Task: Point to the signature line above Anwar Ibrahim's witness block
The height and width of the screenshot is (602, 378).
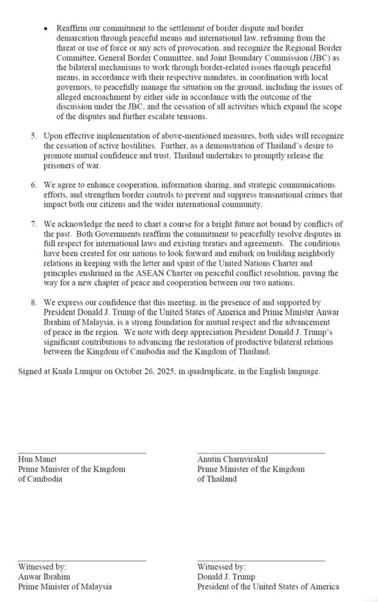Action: coord(82,561)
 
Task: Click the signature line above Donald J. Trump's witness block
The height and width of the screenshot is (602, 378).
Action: coord(261,561)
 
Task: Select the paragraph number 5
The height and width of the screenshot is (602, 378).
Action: coord(34,136)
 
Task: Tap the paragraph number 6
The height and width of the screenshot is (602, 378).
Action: coord(34,185)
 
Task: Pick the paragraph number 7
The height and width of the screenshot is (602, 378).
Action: coord(34,223)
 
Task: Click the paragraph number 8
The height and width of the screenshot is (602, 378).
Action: coord(34,302)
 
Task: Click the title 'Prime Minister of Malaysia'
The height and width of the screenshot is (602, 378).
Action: coord(65,586)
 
